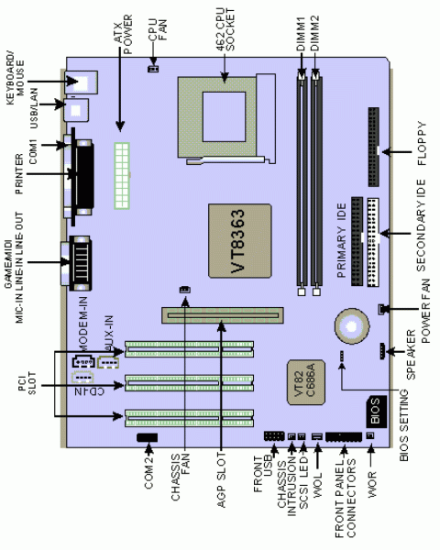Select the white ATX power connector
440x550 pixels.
(x=119, y=175)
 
